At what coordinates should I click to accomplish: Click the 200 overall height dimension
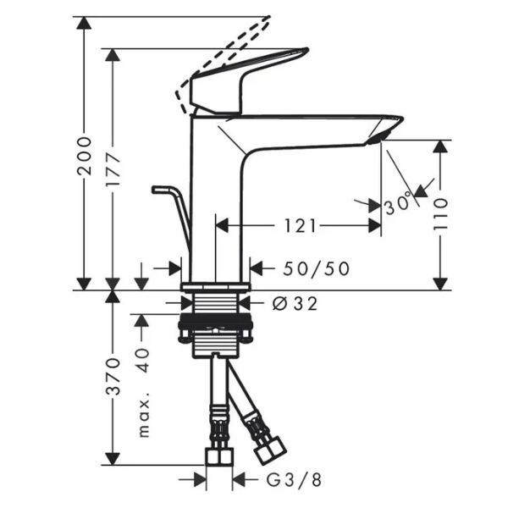[x=84, y=156]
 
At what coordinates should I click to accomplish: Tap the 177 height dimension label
[x=113, y=169]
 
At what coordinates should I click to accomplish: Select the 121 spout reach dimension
[x=300, y=226]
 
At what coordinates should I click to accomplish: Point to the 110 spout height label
[x=440, y=214]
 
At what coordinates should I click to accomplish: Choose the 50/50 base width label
[x=316, y=268]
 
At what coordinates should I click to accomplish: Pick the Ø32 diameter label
[x=295, y=304]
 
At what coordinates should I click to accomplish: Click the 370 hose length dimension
[x=113, y=376]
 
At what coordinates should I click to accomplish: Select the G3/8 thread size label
[x=294, y=480]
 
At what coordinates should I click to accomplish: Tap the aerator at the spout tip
[x=380, y=137]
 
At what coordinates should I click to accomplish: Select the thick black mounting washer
[x=215, y=321]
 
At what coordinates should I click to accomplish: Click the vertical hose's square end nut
[x=219, y=456]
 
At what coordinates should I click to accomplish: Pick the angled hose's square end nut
[x=270, y=450]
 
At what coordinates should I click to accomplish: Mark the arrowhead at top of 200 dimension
[x=84, y=23]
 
